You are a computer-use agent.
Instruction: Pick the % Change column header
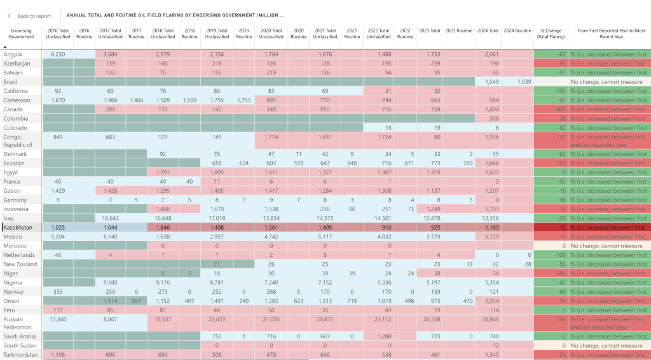tap(551, 34)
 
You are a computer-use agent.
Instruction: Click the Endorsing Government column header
tap(22, 34)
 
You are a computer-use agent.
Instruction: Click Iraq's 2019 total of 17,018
tap(217, 218)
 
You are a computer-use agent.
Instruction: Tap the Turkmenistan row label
tap(20, 354)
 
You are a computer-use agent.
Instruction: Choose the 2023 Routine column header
tap(458, 31)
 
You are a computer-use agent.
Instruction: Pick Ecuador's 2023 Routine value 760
tap(467, 163)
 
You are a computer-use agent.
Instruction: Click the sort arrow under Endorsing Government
tap(6, 46)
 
